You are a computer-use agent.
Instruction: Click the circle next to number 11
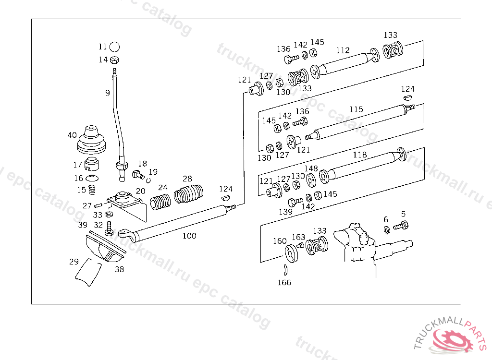[115, 47]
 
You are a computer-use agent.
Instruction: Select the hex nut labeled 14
[115, 60]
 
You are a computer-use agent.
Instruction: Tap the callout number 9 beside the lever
[108, 93]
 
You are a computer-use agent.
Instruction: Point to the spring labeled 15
[92, 190]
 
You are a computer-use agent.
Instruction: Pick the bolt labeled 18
[138, 175]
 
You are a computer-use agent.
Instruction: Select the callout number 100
[189, 236]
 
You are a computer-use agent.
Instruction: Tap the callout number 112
[343, 50]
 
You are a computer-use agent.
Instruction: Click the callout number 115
[356, 109]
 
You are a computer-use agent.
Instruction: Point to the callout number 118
[359, 155]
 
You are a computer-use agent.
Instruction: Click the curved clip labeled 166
[285, 270]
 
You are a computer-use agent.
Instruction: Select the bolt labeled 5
[401, 226]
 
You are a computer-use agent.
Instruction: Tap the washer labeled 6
[387, 230]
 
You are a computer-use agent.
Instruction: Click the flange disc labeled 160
[291, 253]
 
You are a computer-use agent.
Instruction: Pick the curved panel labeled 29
[88, 272]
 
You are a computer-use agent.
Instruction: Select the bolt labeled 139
[295, 202]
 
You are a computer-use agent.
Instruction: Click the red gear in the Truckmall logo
[453, 340]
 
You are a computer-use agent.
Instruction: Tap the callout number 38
[119, 269]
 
